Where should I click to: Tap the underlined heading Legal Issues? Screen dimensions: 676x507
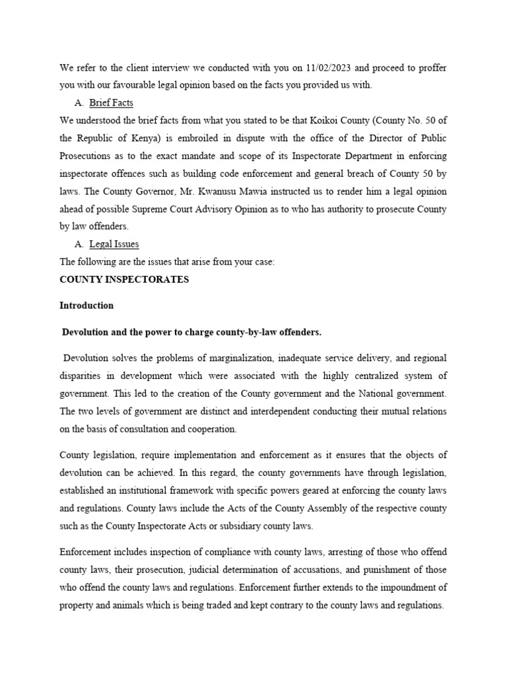point(114,244)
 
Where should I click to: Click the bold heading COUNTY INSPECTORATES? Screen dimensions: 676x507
point(124,279)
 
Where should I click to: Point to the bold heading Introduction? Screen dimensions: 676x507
point(86,306)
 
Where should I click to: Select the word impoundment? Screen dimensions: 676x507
point(405,588)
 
